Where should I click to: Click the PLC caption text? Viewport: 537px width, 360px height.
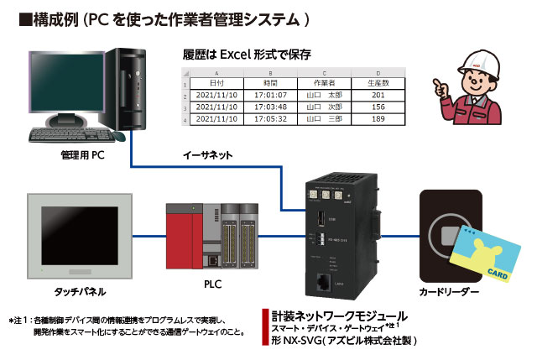click(212, 284)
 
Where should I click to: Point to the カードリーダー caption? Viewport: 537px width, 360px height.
click(448, 291)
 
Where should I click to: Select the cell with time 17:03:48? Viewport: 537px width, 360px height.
click(270, 107)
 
